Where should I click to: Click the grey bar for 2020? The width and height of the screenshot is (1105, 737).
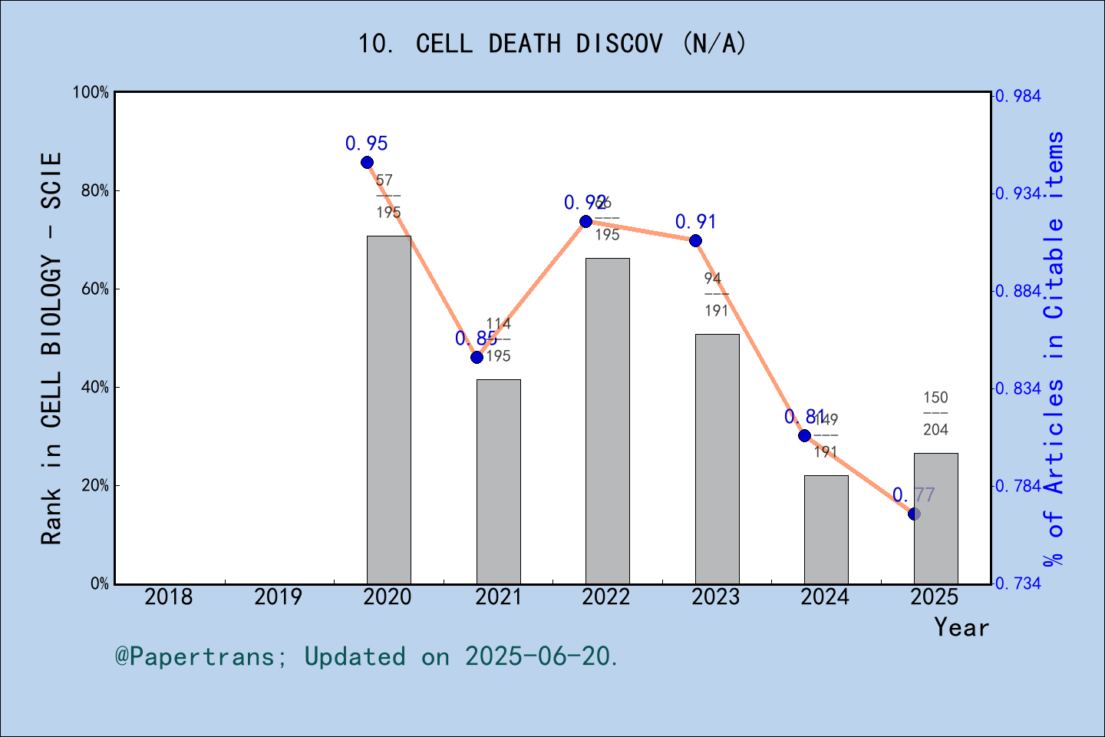[388, 410]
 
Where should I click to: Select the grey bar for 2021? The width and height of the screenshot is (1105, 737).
[498, 481]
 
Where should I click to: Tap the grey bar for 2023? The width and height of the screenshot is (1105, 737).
[717, 459]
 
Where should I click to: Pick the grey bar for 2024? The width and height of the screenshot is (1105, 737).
[826, 530]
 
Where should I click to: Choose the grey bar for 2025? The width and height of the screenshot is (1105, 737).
[935, 518]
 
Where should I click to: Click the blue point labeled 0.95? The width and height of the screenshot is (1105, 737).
[367, 162]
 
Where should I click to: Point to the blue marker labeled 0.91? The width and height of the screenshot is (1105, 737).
[695, 240]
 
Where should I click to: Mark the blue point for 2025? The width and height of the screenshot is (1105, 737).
[914, 514]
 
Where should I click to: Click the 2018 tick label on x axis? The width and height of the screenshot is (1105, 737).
[169, 597]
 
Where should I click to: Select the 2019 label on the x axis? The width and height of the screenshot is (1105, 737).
[278, 597]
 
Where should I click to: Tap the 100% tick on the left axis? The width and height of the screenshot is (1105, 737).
[91, 92]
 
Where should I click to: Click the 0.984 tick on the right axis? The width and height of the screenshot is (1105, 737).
[1019, 96]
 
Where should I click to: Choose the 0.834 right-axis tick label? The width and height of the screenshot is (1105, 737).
[1019, 388]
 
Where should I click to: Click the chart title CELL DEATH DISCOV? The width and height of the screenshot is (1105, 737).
[552, 44]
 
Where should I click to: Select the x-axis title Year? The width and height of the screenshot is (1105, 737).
[961, 627]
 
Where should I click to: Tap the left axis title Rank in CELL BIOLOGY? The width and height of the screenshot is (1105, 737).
[51, 349]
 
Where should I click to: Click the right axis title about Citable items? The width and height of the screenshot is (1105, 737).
[1054, 349]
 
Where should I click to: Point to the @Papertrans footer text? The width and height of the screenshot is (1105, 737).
[366, 656]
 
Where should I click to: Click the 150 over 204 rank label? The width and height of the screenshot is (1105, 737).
[935, 414]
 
